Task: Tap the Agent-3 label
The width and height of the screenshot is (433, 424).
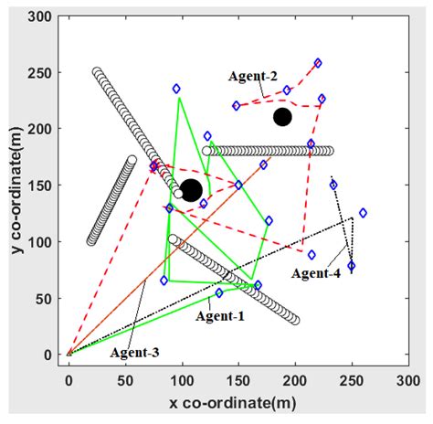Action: point(135,351)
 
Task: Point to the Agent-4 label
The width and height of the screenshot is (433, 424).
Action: point(316,272)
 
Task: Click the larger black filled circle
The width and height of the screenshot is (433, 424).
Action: point(191,190)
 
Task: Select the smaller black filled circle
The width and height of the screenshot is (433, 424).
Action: point(282,117)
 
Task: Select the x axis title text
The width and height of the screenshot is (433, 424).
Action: point(237,402)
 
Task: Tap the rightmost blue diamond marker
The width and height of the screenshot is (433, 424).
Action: point(363,213)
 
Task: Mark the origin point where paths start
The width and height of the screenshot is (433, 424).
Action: point(69,354)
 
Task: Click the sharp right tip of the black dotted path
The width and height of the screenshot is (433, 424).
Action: point(353,217)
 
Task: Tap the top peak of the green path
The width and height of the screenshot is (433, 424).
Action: point(180,97)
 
